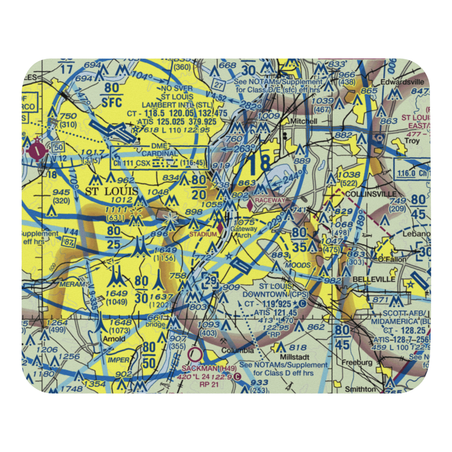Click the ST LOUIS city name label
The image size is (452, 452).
(x=112, y=191)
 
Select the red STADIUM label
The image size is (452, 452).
(x=203, y=234)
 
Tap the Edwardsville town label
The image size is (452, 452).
(x=403, y=82)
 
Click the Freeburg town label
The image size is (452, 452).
(x=357, y=362)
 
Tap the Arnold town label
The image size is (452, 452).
(x=113, y=339)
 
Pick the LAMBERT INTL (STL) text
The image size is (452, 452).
(x=180, y=105)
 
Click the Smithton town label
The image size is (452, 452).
(x=360, y=389)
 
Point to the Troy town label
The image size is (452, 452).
(x=412, y=141)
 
